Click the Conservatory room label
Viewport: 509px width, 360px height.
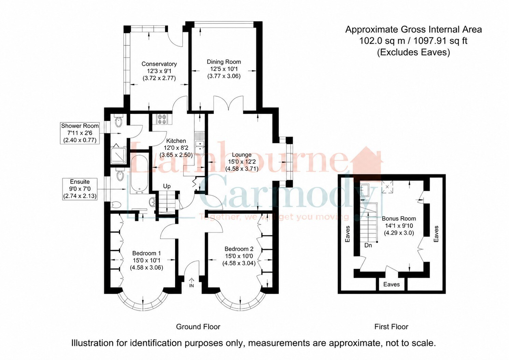[159, 64]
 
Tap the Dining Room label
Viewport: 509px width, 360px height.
[224, 62]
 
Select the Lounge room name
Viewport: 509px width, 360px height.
[242, 155]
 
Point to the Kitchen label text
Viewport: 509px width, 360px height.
[176, 141]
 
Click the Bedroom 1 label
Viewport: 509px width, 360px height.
[146, 253]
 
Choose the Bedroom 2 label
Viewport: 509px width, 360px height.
[239, 249]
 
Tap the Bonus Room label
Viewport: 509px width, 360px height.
[399, 219]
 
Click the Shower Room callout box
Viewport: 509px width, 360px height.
[80, 133]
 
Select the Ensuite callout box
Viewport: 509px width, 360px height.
[80, 189]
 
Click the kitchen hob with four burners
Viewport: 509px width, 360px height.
[162, 119]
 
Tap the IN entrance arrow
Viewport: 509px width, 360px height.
[191, 282]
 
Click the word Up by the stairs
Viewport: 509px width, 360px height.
[167, 186]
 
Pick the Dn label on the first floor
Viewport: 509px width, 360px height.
[368, 245]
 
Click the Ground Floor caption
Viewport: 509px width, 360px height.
[198, 327]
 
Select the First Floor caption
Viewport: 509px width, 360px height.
[391, 327]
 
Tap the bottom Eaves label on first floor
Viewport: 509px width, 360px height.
[392, 284]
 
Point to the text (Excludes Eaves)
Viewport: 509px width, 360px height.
[413, 52]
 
